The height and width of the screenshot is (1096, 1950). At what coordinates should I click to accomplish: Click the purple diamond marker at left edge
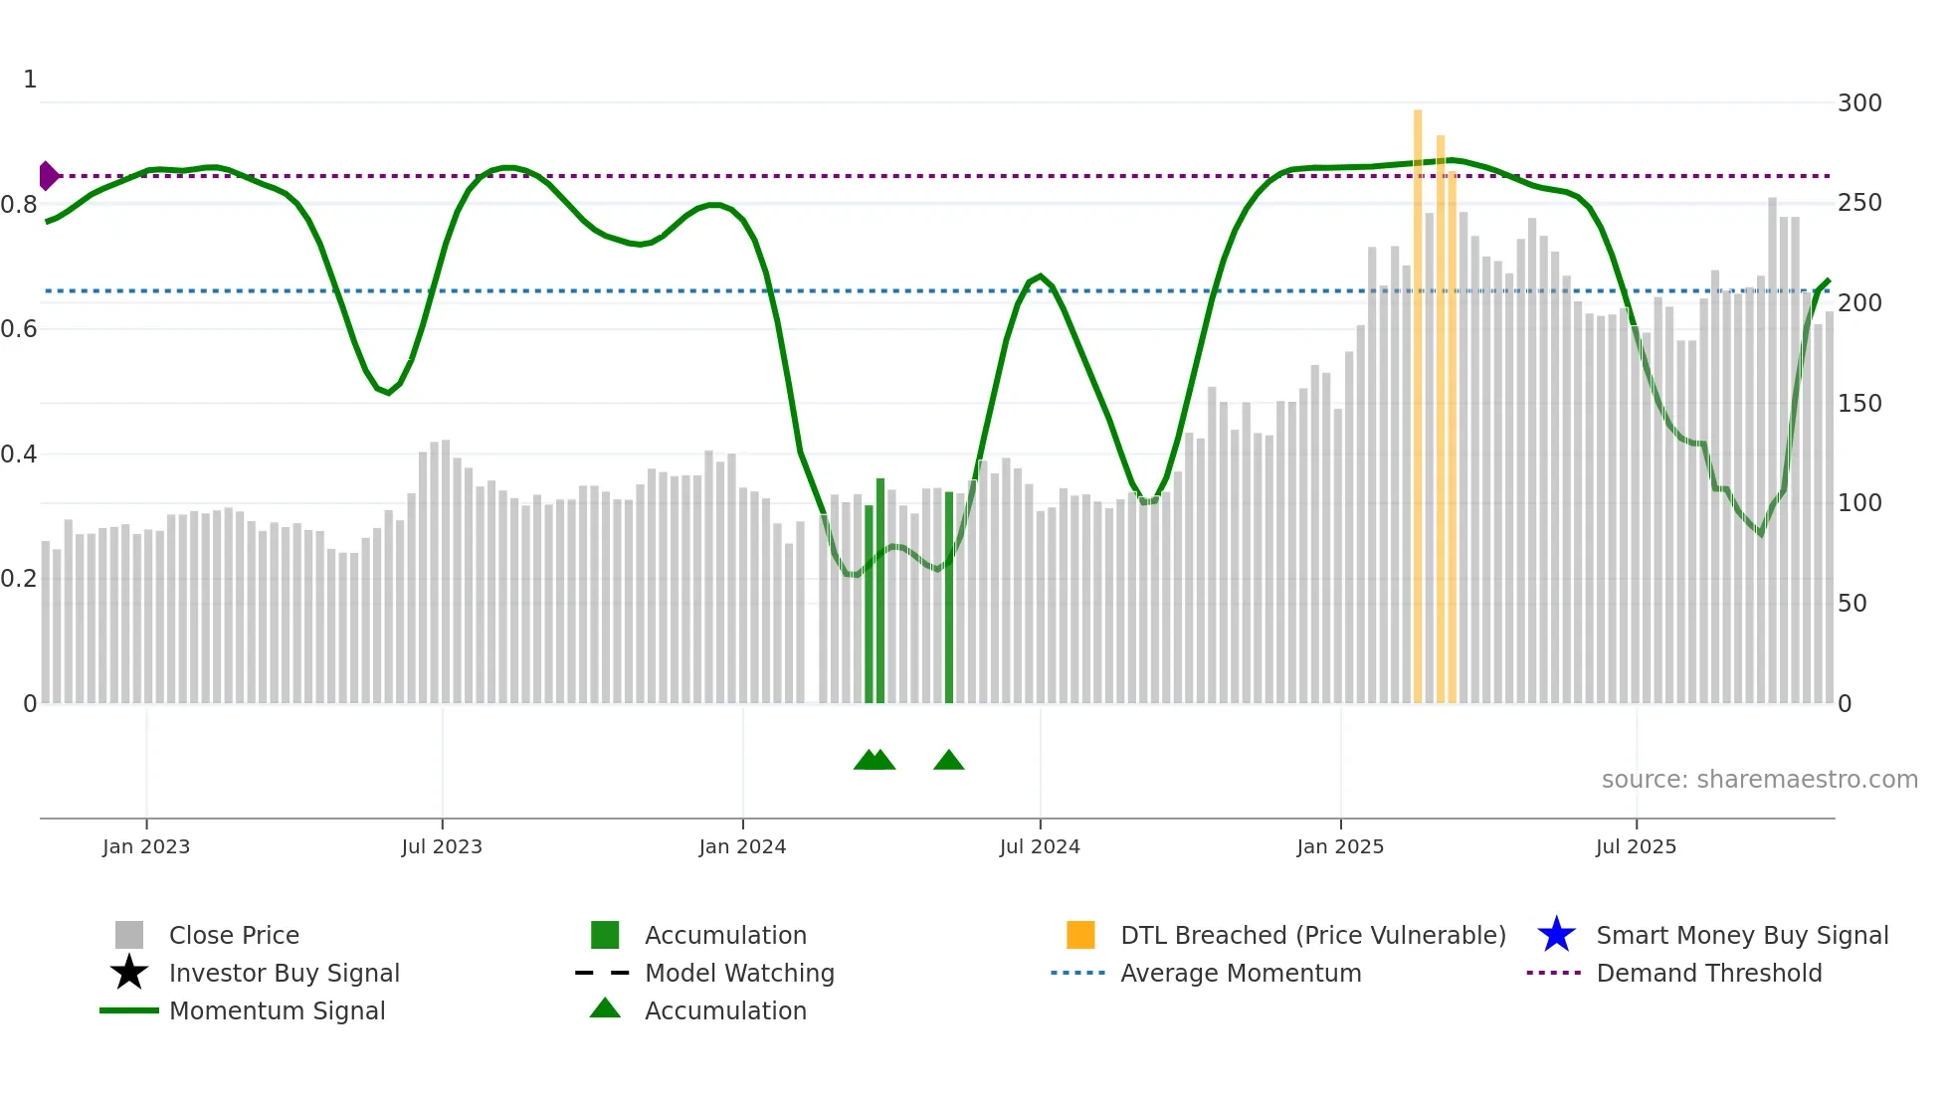[x=48, y=176]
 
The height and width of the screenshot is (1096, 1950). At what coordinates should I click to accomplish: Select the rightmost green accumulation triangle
[x=949, y=761]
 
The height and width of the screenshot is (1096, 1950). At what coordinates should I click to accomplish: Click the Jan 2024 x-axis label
[x=742, y=846]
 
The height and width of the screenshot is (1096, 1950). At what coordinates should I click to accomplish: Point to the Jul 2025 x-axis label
[x=1636, y=846]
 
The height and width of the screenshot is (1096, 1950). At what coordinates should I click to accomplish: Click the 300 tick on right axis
[x=1859, y=103]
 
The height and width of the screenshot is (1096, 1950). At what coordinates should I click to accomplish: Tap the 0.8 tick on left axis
[x=19, y=205]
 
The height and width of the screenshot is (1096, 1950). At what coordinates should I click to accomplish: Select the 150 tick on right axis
[x=1859, y=404]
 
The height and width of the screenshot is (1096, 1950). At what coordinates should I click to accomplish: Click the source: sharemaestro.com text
[x=1759, y=780]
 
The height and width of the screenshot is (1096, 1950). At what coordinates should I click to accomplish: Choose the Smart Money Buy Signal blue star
[x=1556, y=935]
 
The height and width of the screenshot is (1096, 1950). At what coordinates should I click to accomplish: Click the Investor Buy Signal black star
[x=129, y=973]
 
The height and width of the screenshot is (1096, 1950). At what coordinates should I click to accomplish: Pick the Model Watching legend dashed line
[x=603, y=973]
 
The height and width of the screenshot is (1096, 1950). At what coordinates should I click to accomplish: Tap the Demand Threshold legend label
[x=1708, y=973]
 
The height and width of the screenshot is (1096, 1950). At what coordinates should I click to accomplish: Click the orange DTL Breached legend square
[x=1080, y=935]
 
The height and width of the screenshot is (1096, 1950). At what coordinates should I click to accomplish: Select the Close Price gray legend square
[x=129, y=935]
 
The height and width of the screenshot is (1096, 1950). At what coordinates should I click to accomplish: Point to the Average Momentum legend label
[x=1241, y=973]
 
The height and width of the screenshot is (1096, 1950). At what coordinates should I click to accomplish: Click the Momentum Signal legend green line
[x=129, y=1010]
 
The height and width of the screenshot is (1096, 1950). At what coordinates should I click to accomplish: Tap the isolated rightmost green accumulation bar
[x=949, y=597]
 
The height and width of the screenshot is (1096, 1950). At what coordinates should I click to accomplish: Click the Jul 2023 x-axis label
[x=442, y=846]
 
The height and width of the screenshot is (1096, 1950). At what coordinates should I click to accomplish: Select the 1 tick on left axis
[x=30, y=80]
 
